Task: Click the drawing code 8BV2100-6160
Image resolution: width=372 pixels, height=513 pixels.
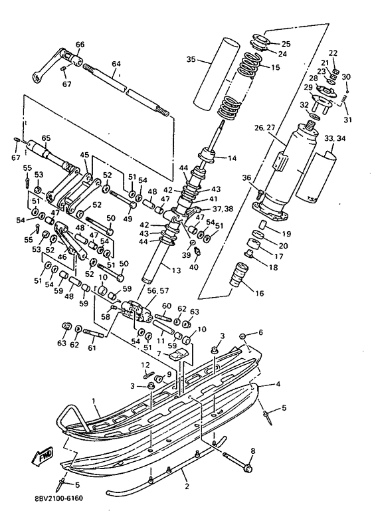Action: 58,498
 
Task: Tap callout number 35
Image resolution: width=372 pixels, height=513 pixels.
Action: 192,59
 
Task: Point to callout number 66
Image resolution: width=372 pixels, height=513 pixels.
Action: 80,44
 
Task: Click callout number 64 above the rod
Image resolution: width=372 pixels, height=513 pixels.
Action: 116,64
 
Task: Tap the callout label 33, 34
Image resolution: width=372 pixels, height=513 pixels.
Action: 335,138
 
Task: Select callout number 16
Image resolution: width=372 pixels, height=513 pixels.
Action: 260,293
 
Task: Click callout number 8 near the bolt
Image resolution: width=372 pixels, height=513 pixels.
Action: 252,451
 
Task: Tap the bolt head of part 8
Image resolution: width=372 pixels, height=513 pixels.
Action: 248,469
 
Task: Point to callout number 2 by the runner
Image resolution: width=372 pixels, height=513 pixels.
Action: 187,486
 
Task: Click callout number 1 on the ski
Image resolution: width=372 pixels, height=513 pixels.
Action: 94,401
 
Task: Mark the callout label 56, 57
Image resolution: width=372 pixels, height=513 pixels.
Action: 158,290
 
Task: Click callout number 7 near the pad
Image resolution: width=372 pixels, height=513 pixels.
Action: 159,354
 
